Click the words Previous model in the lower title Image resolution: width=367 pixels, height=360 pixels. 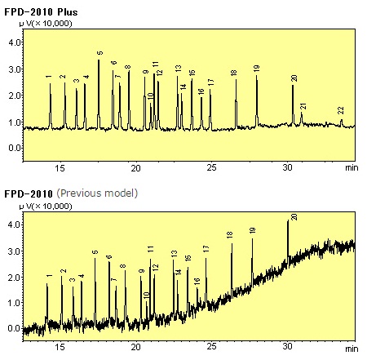pos(97,193)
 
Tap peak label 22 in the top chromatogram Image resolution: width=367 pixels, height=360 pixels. pos(341,110)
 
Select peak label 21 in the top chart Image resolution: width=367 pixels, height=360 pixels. pos(303,106)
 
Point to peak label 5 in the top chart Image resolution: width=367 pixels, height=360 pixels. pos(99,54)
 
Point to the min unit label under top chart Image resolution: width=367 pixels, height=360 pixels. pos(351,167)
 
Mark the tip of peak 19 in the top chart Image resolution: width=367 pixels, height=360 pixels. pos(256,75)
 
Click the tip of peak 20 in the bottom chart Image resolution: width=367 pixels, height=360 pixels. pos(288,221)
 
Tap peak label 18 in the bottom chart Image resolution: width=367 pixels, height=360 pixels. pos(230,235)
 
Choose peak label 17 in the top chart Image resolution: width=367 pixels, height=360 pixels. pos(210,82)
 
